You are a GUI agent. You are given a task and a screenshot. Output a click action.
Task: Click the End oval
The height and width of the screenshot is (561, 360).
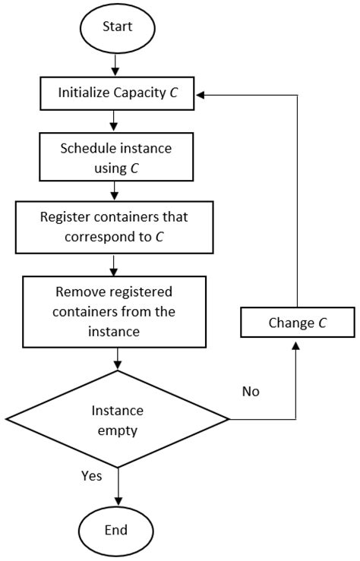coord(117,529)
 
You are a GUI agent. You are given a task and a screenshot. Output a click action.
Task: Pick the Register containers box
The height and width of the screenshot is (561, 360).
coord(113,225)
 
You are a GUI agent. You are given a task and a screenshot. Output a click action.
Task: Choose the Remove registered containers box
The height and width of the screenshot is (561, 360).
coord(114,311)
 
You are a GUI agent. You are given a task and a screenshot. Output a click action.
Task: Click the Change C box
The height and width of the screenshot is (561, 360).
coord(297,323)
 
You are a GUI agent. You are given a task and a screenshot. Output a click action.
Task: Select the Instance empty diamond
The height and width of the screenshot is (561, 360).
coord(117,419)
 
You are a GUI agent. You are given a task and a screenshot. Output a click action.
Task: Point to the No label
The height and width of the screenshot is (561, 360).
coord(250,392)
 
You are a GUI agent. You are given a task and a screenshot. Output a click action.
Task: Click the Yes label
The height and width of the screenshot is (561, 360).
coord(92,476)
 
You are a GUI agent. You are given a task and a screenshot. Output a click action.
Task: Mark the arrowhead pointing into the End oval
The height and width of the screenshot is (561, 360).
coord(117,502)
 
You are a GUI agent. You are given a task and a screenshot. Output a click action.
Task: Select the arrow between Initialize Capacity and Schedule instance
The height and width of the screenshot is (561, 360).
coord(113,121)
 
